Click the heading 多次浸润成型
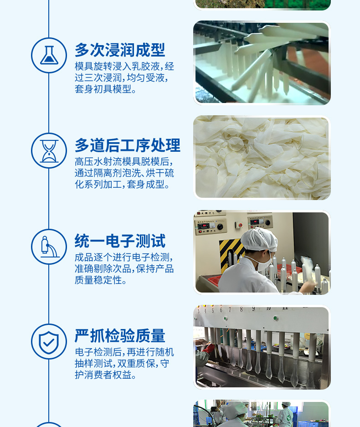[x=120, y=50]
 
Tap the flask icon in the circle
[x=49, y=56]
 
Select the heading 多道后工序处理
[x=128, y=145]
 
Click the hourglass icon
[x=49, y=151]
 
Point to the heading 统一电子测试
[x=120, y=241]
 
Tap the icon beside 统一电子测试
[x=49, y=247]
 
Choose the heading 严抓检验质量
[x=120, y=336]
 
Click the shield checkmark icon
[x=49, y=341]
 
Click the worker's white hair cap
[x=258, y=239]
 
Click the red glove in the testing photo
[x=209, y=349]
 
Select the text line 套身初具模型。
[x=106, y=89]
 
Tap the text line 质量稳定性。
[x=101, y=280]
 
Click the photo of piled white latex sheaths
[x=262, y=158]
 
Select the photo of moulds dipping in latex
[x=262, y=63]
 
